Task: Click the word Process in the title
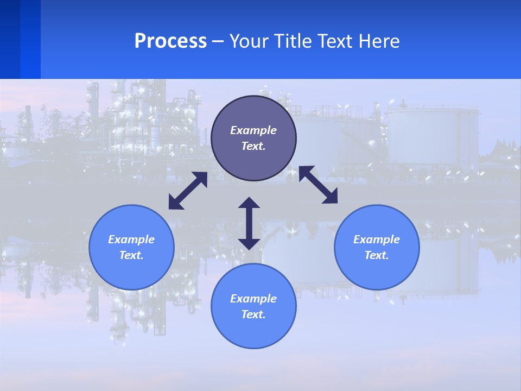pyautogui.click(x=170, y=41)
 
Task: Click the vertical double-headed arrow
pyautogui.click(x=249, y=224)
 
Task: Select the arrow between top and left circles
pyautogui.click(x=188, y=191)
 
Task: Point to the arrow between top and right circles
pyautogui.click(x=319, y=185)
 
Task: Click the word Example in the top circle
pyautogui.click(x=253, y=130)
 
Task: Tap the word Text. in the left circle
pyautogui.click(x=131, y=255)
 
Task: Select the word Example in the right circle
pyautogui.click(x=377, y=239)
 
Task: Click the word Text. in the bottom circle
pyautogui.click(x=253, y=314)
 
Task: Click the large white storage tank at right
pyautogui.click(x=431, y=136)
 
